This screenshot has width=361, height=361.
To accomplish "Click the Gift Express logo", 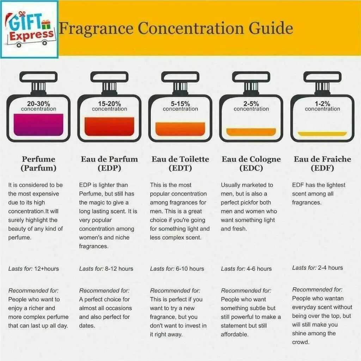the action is click(29, 29).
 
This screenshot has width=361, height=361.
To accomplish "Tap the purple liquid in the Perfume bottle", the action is click(38, 124).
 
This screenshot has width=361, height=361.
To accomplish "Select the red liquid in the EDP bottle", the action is click(109, 127).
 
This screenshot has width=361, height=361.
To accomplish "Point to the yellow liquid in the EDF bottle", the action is click(322, 134).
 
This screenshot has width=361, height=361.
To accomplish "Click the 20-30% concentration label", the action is click(38, 106).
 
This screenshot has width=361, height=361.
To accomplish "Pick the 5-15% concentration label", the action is click(180, 106).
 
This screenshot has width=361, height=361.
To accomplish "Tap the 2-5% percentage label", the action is click(251, 104).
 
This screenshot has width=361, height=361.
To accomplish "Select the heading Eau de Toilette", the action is click(180, 159).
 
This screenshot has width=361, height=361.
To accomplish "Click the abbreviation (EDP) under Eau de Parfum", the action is click(109, 168).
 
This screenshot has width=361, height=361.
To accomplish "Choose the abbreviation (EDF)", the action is click(322, 168).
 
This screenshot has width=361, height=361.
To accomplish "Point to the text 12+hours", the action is click(47, 269).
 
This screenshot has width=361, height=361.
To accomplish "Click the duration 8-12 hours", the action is click(119, 269).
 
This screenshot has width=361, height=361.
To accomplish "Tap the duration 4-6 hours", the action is click(259, 269).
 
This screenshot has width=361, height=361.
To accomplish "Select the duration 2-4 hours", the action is click(330, 268).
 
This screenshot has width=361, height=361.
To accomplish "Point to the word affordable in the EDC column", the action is click(234, 335).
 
